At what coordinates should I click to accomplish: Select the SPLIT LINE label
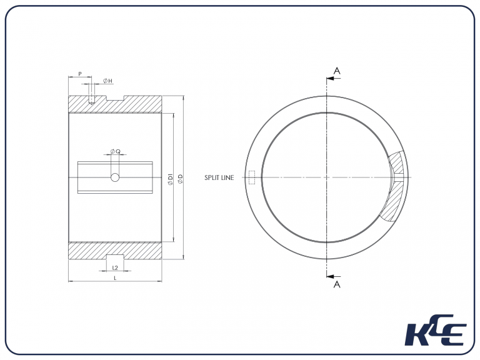point(219,178)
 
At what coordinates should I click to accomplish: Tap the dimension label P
point(79,74)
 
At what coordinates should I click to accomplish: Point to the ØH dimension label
point(107,81)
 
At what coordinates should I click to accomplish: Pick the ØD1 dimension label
point(170,179)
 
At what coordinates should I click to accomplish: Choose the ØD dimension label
point(181,179)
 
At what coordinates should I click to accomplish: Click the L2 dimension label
point(115,267)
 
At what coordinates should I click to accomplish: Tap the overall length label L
point(115,277)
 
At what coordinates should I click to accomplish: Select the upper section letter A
point(337,71)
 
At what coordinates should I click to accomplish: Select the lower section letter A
point(337,284)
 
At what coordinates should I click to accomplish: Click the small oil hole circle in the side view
point(115,178)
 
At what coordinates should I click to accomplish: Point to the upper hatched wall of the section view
point(144,104)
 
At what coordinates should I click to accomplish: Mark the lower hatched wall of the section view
point(144,250)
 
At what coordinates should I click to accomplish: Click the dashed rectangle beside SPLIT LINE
point(252,178)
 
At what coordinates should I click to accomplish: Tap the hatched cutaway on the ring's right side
point(395,187)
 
